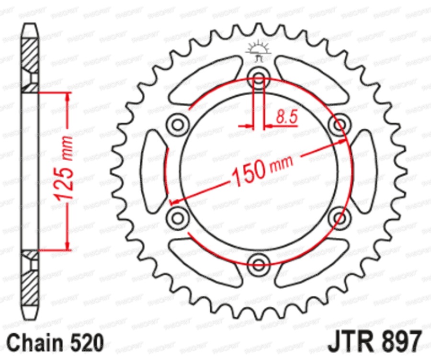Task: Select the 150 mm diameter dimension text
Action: (261, 170)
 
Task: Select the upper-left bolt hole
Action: (178, 125)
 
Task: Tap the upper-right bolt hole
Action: (339, 125)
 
